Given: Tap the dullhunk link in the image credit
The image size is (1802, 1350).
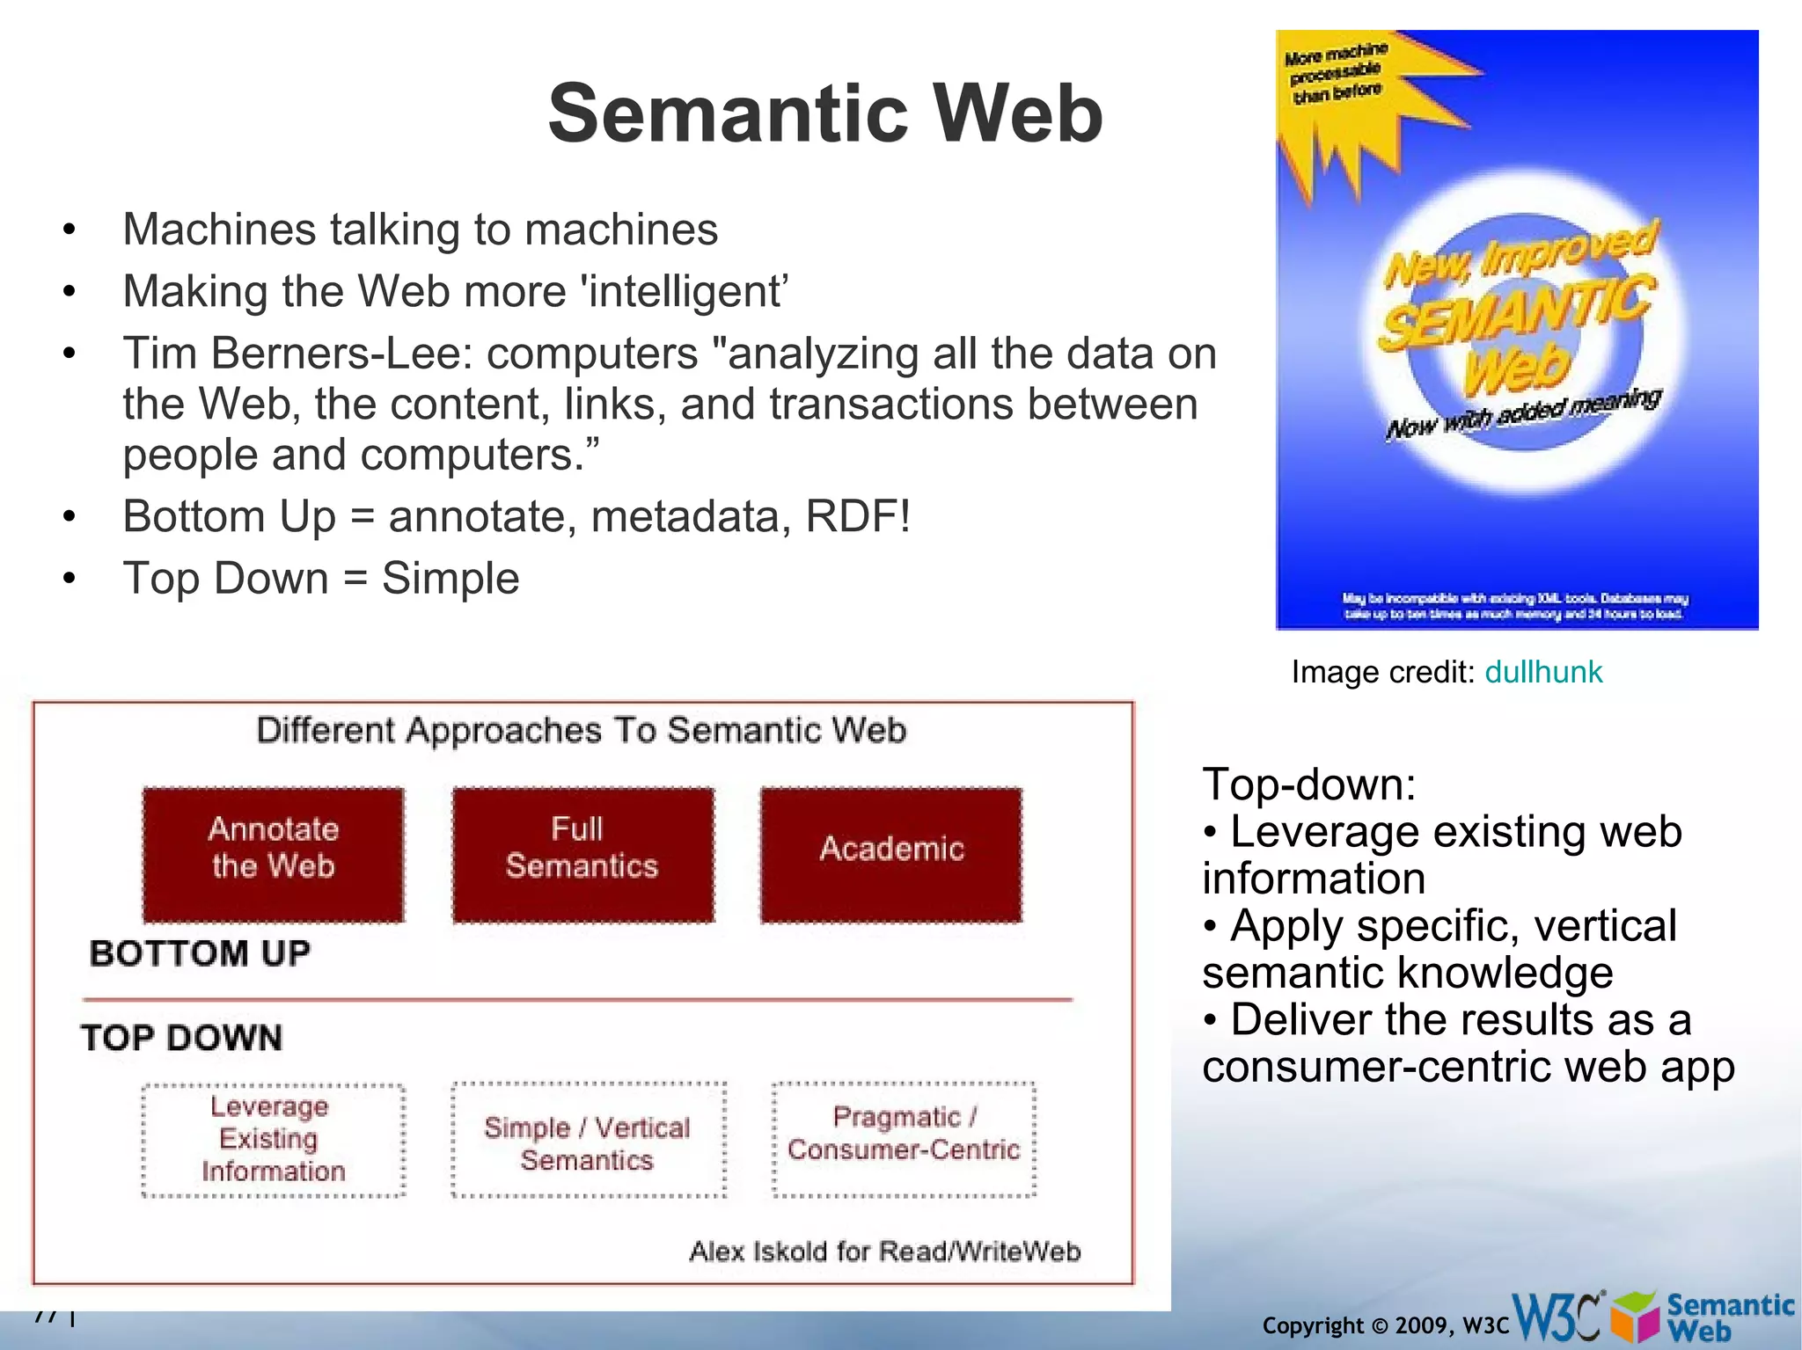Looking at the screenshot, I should point(1543,672).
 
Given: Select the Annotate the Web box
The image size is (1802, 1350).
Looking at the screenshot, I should point(273,854).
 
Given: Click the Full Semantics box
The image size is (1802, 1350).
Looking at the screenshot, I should point(582,854).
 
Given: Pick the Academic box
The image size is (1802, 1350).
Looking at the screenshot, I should point(891,854).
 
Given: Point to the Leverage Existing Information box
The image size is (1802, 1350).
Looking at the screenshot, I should point(273,1139).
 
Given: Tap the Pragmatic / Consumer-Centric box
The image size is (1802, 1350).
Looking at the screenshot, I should point(904,1139).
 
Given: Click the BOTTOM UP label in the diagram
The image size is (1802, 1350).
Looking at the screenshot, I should point(200,953).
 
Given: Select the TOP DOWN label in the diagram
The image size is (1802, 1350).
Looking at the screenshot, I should point(182,1038).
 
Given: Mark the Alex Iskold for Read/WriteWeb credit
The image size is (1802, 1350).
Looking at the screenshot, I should point(884,1251).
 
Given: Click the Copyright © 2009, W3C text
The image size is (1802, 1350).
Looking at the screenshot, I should point(1385,1325).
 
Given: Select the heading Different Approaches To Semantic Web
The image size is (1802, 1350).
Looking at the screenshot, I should point(581,730).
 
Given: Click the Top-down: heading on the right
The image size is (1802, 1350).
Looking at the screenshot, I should point(1308,784).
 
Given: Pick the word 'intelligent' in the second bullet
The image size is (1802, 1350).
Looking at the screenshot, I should point(684,292).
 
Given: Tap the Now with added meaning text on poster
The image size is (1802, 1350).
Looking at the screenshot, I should point(1522,413).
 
